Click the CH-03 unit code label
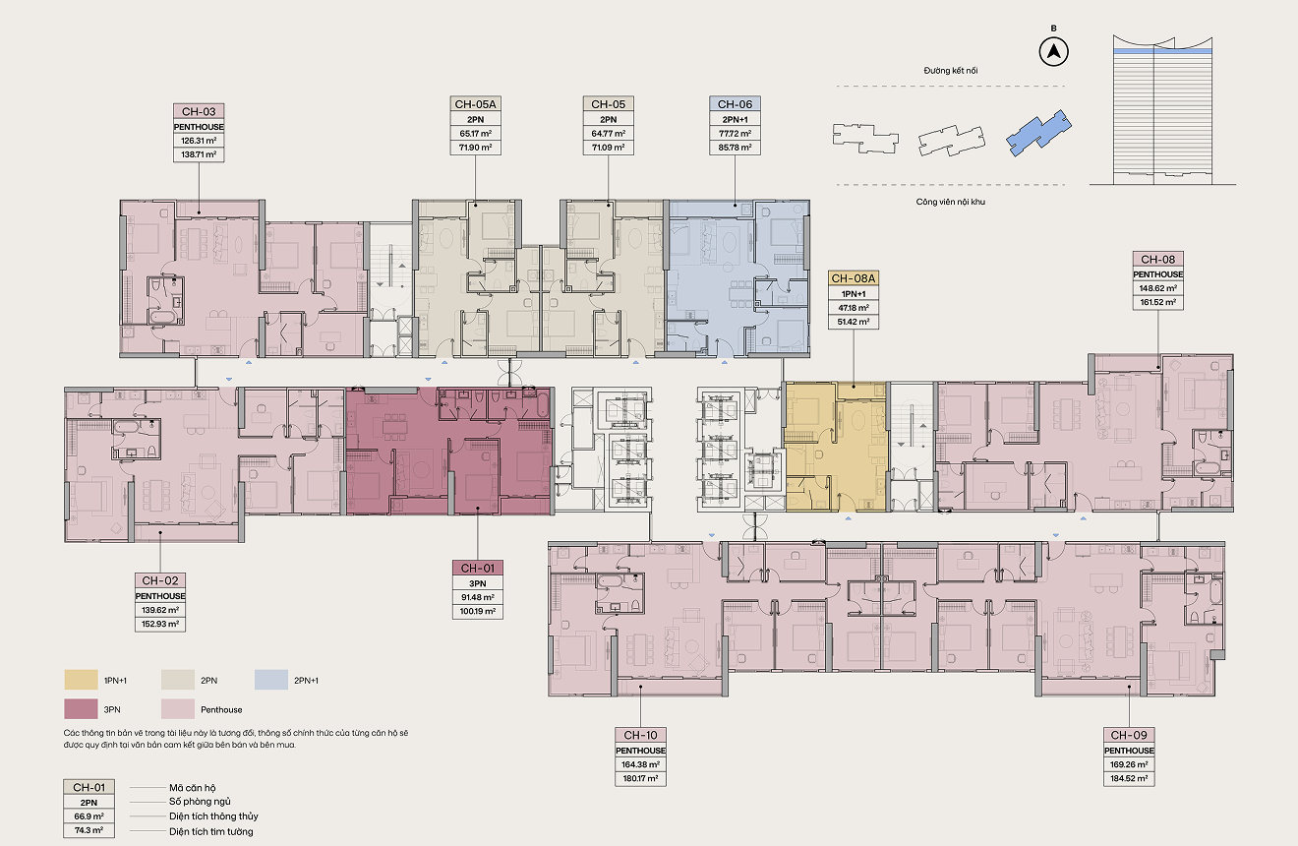(x=199, y=111)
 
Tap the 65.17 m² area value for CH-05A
(x=475, y=134)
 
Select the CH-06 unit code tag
(x=735, y=104)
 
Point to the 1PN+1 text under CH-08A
(x=853, y=294)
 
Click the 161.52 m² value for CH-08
(x=1157, y=302)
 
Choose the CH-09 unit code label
(x=1129, y=735)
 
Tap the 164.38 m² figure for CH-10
(x=640, y=764)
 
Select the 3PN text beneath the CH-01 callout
(x=478, y=583)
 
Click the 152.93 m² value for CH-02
(x=160, y=624)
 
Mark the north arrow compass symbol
(x=1053, y=52)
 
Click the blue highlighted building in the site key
(x=1038, y=133)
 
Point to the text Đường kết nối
(x=950, y=71)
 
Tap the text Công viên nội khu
(x=950, y=202)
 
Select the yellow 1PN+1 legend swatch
(x=81, y=680)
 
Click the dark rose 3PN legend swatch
(x=81, y=709)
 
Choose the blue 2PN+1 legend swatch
(x=271, y=680)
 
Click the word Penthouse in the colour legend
(x=221, y=709)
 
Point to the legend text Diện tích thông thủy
(x=213, y=816)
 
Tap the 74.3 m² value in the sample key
(x=88, y=830)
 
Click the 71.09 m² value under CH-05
(x=608, y=148)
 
